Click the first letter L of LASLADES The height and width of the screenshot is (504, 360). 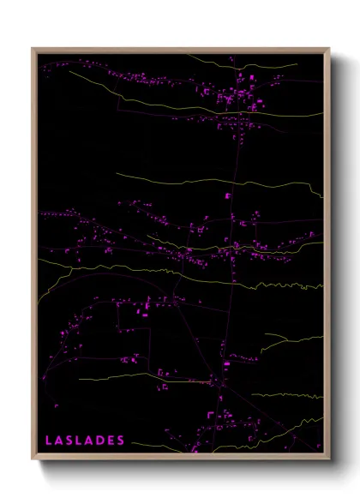click(x=49, y=441)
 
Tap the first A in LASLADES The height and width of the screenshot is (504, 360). click(x=58, y=441)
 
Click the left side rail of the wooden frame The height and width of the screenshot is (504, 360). click(x=34, y=257)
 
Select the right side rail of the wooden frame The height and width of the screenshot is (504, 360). click(x=327, y=257)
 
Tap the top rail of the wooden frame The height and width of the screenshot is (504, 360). click(x=180, y=49)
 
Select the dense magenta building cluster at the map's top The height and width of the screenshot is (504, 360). click(x=231, y=94)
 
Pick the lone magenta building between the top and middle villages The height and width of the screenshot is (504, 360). click(x=228, y=196)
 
